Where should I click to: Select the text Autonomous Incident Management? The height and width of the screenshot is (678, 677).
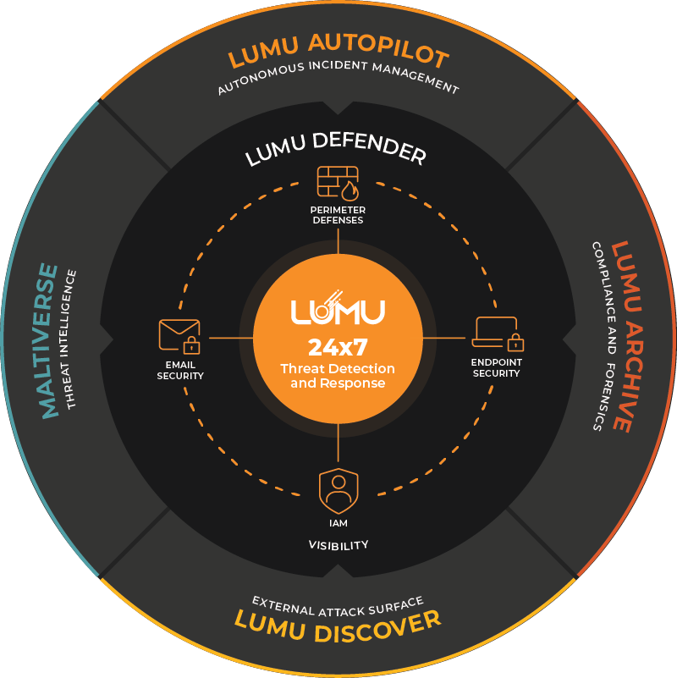(338, 82)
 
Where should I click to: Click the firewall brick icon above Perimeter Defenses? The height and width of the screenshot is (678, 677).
(338, 183)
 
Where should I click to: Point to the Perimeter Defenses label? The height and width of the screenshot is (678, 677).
(338, 215)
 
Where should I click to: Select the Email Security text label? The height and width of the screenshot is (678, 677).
(180, 370)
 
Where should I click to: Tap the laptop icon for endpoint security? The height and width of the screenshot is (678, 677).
(498, 334)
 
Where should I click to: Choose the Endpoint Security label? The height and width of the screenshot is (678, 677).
(496, 367)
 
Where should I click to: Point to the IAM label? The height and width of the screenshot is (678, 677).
(338, 523)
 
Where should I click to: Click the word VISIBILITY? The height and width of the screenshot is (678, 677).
(338, 545)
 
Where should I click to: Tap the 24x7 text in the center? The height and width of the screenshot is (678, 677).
(338, 347)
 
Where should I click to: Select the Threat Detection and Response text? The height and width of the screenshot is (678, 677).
(338, 376)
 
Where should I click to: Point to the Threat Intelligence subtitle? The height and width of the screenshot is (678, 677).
(73, 339)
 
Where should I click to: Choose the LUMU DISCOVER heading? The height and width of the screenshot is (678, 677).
(338, 623)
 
